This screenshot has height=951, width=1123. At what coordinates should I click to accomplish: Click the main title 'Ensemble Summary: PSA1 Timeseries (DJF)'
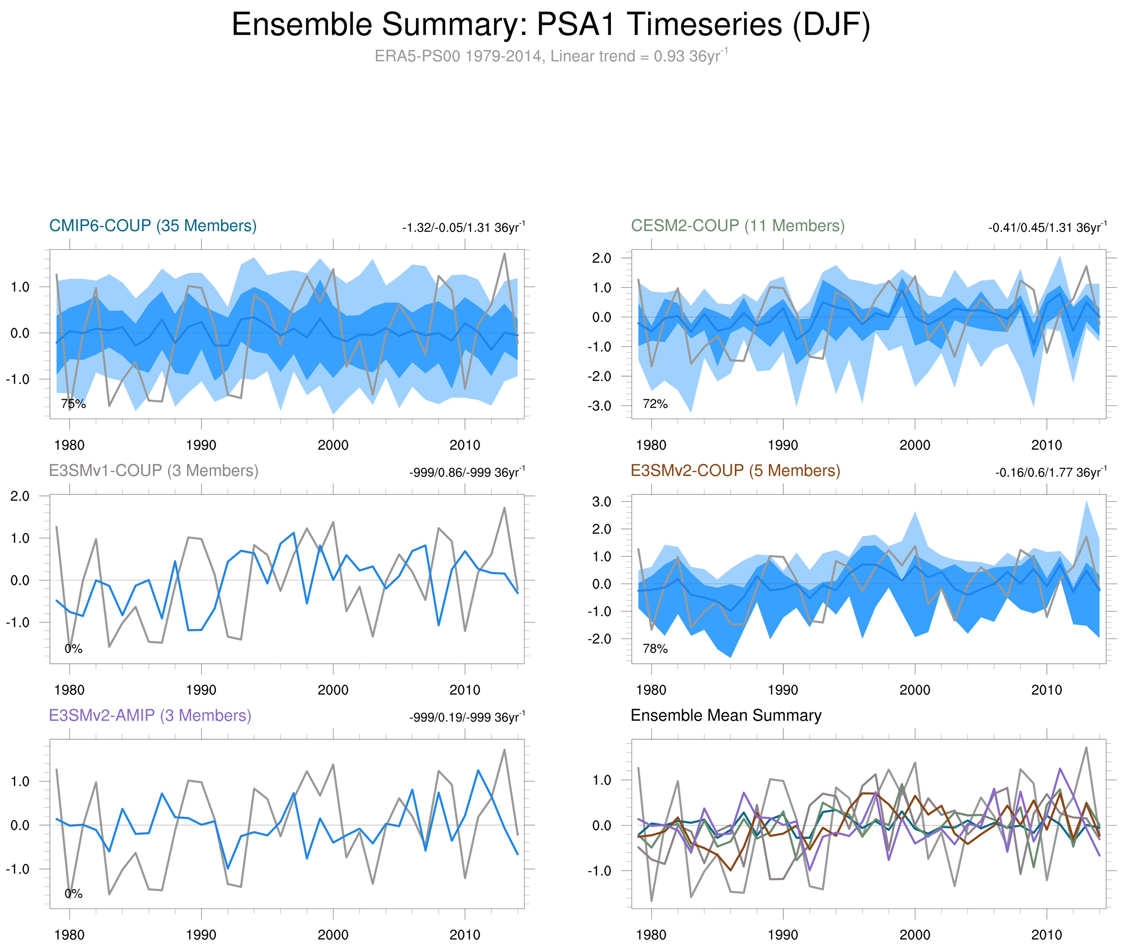(x=550, y=25)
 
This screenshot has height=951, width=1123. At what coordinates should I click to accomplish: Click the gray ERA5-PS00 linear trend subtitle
(x=550, y=56)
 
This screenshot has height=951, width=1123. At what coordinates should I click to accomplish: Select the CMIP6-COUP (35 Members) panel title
(x=153, y=226)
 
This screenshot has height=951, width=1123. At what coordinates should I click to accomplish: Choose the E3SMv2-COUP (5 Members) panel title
(x=735, y=471)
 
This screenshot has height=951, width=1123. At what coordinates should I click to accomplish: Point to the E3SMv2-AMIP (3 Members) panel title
(x=150, y=715)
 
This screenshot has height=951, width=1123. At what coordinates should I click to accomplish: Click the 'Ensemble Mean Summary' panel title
(x=726, y=715)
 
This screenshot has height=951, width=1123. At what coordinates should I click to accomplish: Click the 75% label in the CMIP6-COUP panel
(x=73, y=404)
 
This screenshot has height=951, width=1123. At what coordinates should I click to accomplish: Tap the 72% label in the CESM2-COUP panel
(x=655, y=404)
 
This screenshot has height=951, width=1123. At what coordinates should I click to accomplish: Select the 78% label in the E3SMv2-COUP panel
(x=655, y=649)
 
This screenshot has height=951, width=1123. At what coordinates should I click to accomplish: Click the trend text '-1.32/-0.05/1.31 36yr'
(x=463, y=228)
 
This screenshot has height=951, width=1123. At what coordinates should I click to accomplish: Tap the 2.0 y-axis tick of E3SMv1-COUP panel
(x=20, y=496)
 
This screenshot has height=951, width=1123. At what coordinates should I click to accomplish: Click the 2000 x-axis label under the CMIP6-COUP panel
(x=333, y=445)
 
